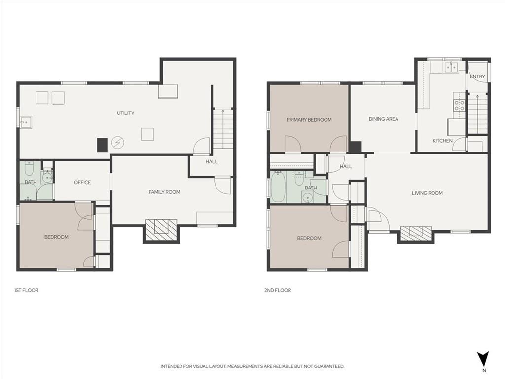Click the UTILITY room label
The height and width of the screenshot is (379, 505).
click(x=125, y=113)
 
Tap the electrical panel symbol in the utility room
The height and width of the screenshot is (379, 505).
click(x=118, y=142)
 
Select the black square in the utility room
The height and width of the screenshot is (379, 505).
click(x=103, y=145)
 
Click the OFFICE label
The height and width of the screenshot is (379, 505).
click(x=82, y=183)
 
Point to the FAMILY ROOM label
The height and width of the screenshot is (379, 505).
click(x=164, y=192)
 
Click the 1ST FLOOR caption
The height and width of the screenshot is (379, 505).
click(x=27, y=290)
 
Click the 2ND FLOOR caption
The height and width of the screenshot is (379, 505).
click(x=278, y=290)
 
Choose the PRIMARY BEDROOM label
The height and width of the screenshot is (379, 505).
click(x=309, y=120)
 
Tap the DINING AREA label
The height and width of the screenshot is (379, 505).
click(x=383, y=119)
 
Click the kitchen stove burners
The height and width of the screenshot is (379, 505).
click(x=459, y=106)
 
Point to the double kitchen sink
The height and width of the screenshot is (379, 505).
click(x=451, y=67)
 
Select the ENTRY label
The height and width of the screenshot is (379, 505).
click(x=477, y=76)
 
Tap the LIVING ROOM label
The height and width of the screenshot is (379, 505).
click(x=427, y=193)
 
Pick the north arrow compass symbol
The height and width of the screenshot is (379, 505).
click(x=483, y=359)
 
